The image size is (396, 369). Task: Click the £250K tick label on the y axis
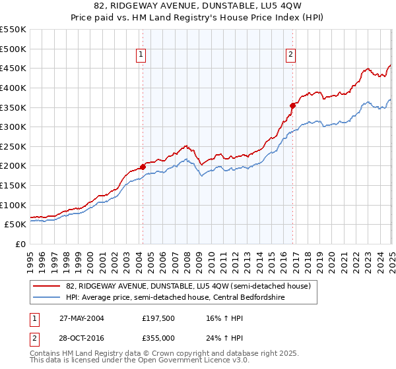13,146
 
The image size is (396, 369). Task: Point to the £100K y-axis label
13,205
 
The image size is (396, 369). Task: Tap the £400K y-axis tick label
13,88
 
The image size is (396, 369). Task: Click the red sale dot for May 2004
143,167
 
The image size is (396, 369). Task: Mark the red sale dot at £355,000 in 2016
292,105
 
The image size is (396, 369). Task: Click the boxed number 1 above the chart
141,55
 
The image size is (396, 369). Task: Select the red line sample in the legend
47,285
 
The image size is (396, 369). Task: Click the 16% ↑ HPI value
216,318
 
